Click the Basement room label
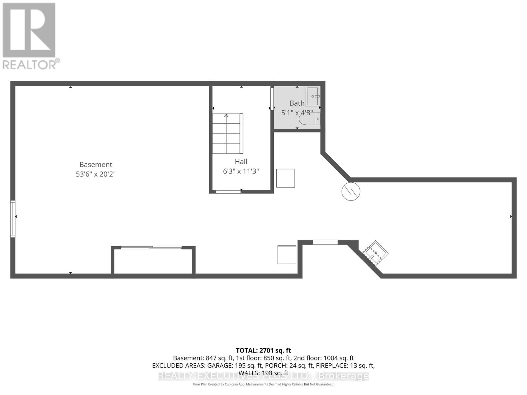click(96, 165)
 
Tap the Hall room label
click(241, 162)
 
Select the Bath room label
click(297, 103)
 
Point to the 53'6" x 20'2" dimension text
click(96, 174)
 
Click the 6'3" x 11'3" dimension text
click(241, 171)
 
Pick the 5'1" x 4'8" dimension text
click(297, 113)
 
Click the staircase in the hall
click(227, 134)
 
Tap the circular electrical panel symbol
click(351, 191)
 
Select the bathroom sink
click(312, 96)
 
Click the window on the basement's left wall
click(13, 219)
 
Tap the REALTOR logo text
click(31, 64)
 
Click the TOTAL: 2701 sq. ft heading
click(263, 351)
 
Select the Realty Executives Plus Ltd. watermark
click(263, 376)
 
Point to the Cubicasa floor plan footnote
click(263, 384)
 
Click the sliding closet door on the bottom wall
click(152, 247)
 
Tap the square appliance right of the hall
click(286, 178)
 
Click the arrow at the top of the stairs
click(226, 116)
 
